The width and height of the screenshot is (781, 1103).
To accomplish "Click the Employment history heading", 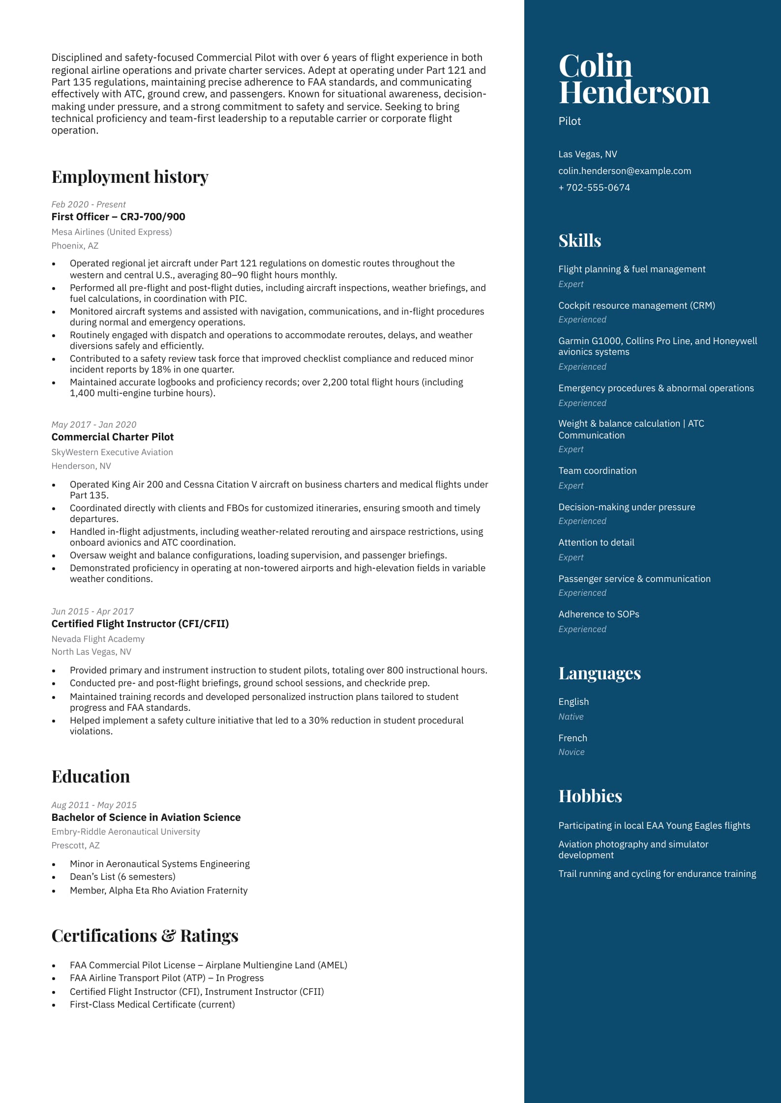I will pos(130,177).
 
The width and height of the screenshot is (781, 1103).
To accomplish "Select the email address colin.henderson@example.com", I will pos(624,171).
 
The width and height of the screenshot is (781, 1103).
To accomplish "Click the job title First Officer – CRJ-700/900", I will pos(118,217).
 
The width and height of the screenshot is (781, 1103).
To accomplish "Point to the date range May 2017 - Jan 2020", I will pos(93,425).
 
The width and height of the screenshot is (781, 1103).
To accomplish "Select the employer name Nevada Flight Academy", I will pos(98,639).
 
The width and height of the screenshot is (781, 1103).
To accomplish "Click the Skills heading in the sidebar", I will pos(579,241).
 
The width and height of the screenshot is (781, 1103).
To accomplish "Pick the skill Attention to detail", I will pos(596,543).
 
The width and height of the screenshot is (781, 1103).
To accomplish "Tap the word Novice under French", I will pos(571,752).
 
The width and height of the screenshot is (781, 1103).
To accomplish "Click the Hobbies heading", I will pos(590,796).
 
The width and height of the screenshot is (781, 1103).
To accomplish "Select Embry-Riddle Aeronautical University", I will pos(125,832).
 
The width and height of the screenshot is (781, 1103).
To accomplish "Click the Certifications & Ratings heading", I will pos(145,936).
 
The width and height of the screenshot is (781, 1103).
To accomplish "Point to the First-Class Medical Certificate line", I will pos(152,1005).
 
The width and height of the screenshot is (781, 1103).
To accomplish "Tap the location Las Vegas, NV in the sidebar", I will pos(587,154).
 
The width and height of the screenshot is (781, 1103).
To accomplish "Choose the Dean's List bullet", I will pos(122,877).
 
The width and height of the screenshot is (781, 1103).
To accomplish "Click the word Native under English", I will pos(571,717).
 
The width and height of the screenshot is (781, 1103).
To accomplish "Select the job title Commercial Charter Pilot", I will pos(112,437).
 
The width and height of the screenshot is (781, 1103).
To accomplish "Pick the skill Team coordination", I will pos(597,471).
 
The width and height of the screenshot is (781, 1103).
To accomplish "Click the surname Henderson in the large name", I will pos(634,92).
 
